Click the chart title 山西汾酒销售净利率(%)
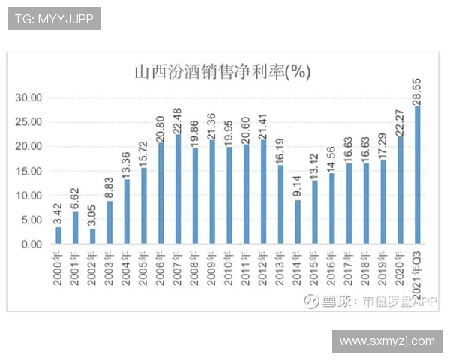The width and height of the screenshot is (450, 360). coord(222,72)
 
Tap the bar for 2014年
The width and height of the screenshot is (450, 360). coord(298,222)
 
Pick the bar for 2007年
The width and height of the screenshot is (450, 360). coord(178,190)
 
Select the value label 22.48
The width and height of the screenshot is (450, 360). coord(178,120)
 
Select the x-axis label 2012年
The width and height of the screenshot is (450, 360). coord(264,267)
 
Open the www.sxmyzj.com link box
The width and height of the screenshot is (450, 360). coord(387,341)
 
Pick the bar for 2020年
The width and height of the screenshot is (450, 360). coord(400,190)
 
